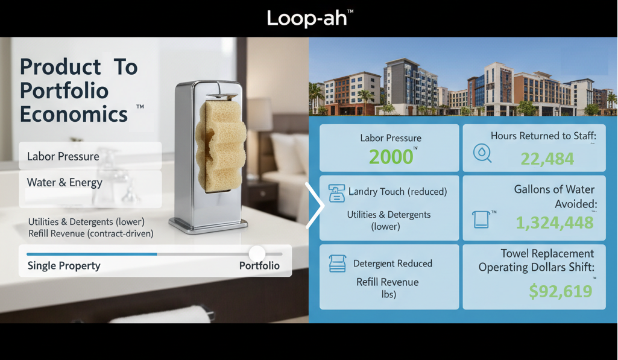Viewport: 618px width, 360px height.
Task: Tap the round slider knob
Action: pos(257,254)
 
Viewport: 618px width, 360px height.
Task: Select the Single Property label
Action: pos(64,266)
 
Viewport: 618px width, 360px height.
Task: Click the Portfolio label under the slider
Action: pos(259,266)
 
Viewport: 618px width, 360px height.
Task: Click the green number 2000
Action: pos(391,157)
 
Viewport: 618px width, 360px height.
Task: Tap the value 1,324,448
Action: pos(555,222)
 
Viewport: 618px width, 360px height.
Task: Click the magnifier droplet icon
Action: pos(482,153)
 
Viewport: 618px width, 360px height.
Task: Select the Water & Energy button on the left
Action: pos(65,182)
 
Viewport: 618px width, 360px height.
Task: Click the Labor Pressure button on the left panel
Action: pos(63,157)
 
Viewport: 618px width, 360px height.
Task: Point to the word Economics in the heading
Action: pos(74,113)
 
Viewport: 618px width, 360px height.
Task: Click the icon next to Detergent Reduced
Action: pos(336,264)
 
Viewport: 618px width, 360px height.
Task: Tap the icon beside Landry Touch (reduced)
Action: pos(335,193)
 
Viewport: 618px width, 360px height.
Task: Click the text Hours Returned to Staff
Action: pos(543,136)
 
